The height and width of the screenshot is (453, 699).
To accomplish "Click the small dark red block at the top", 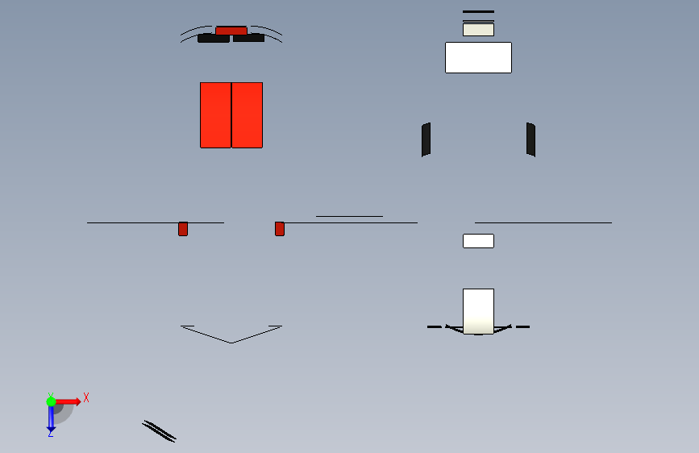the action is [231, 31].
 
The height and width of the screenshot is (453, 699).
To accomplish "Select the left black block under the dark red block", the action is [214, 39].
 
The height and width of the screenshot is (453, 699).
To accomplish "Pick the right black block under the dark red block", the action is [249, 39].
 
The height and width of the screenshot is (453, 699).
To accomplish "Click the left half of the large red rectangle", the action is [216, 115].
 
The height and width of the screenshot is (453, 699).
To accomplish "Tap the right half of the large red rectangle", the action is [247, 115].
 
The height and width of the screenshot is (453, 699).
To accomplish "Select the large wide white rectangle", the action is [478, 57].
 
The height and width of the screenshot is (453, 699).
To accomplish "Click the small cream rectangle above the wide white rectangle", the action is [478, 30].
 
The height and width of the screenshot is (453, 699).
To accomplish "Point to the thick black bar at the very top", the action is [478, 11].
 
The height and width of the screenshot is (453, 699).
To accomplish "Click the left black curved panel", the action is [426, 139].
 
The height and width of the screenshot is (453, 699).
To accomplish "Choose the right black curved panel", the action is [530, 139].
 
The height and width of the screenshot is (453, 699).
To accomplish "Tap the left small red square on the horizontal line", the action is [183, 229].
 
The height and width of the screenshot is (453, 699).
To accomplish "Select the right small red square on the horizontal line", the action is [280, 229].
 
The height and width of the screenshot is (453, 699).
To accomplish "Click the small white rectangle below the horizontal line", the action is [478, 241].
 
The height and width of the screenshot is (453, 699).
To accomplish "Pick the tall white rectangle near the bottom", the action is [478, 311].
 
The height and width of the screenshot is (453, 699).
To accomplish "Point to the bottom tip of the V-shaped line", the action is [231, 343].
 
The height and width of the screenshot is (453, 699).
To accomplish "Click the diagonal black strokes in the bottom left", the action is [159, 431].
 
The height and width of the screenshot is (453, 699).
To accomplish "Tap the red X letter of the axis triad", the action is [86, 397].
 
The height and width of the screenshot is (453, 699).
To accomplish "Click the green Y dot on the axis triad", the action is [51, 401].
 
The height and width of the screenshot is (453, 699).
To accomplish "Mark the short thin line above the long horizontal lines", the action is [350, 216].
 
